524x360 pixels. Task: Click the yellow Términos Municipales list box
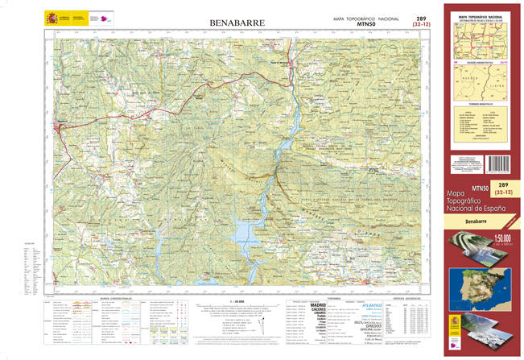(x=481, y=126)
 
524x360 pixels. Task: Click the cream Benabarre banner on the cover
(x=481, y=220)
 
